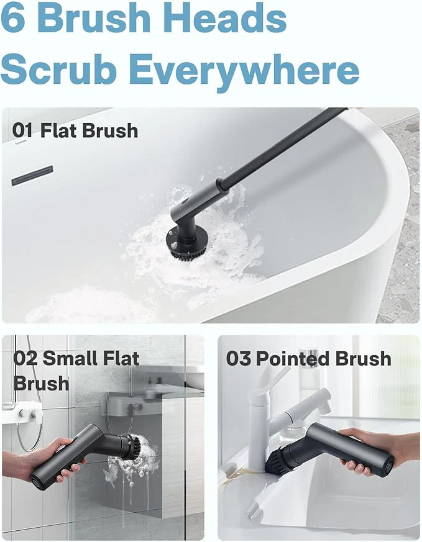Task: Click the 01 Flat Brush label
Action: pyautogui.click(x=75, y=131)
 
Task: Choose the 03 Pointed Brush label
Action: pyautogui.click(x=308, y=359)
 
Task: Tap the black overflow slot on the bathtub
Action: pyautogui.click(x=32, y=175)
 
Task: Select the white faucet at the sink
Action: pyautogui.click(x=273, y=410)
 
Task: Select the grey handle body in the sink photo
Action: pyautogui.click(x=348, y=450)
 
